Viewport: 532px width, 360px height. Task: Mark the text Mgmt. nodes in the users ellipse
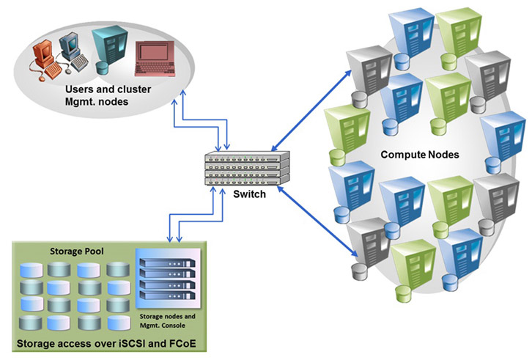(87, 103)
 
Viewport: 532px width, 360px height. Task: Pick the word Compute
(402, 155)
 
